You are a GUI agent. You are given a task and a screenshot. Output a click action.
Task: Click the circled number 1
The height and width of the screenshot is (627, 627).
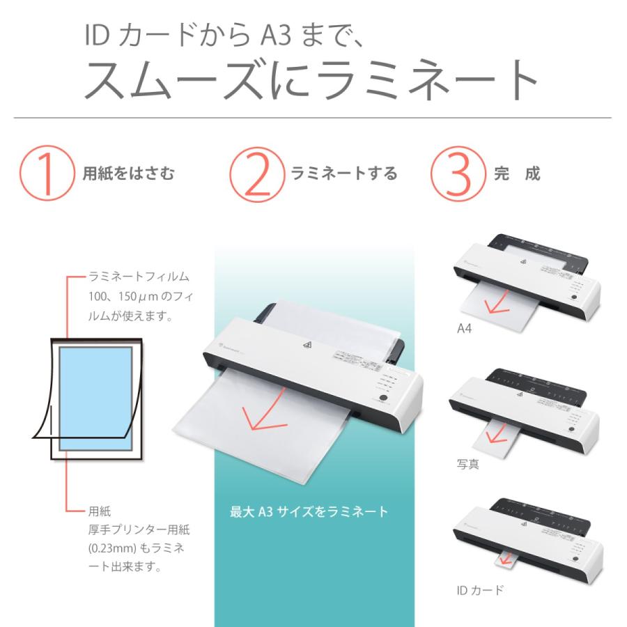coord(47,173)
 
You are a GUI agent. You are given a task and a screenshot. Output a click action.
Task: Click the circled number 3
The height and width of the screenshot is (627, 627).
coord(458,173)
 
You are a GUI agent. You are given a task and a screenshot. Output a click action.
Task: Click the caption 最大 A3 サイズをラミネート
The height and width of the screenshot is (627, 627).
coord(309,512)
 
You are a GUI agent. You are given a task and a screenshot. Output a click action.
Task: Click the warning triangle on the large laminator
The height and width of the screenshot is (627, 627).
coord(307,344)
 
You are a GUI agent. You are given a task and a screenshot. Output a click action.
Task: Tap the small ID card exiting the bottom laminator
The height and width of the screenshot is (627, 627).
coord(506,557)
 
